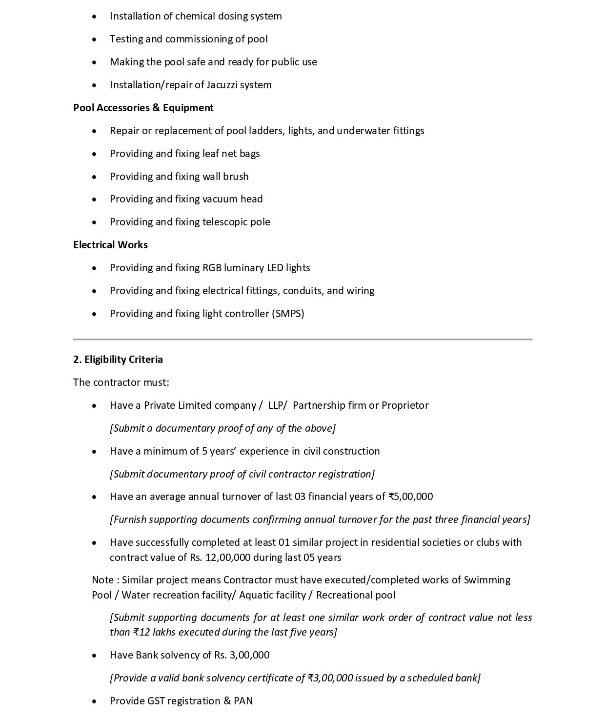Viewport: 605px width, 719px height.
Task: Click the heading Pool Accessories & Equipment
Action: tap(143, 108)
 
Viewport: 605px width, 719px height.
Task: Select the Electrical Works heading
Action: tap(110, 245)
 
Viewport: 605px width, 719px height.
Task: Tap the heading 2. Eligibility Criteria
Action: tap(118, 359)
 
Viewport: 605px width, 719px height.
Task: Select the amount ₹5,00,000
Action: tap(410, 497)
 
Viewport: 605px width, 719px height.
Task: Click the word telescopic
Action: tap(225, 222)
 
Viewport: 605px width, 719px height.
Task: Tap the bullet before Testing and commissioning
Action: tap(94, 40)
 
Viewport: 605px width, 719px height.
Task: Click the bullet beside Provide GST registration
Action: tap(94, 701)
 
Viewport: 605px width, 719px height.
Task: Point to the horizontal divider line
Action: tap(302, 339)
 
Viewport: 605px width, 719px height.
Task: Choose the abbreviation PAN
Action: tap(243, 701)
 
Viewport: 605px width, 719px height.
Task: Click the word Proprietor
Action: tap(405, 405)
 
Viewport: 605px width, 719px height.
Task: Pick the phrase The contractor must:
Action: tap(121, 382)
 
